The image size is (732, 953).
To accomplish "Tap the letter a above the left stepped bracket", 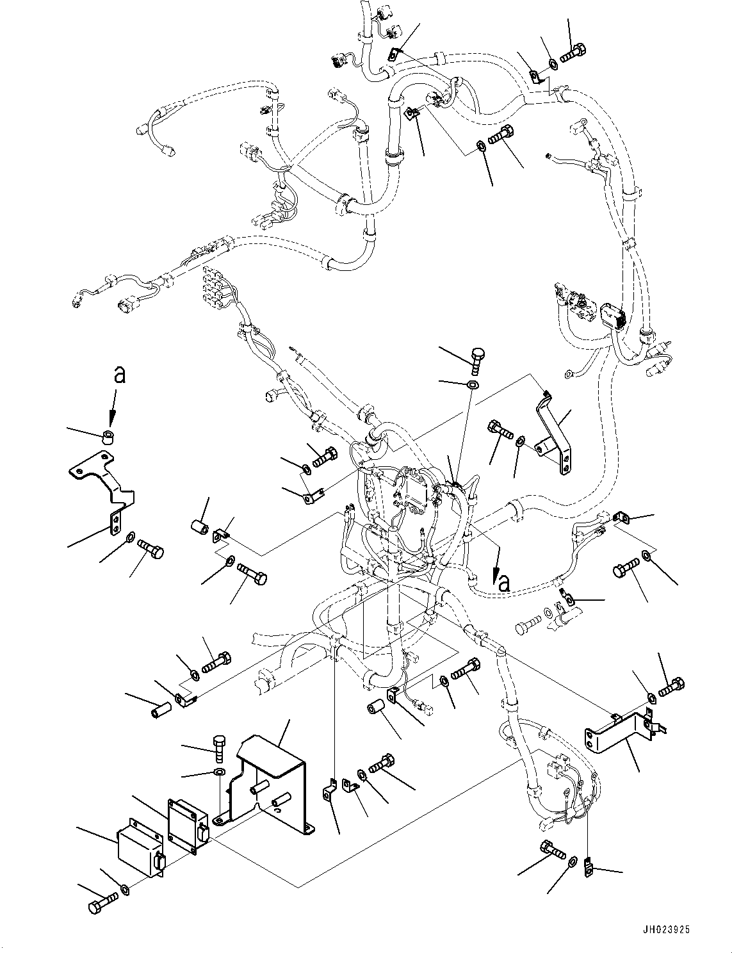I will coord(118,375).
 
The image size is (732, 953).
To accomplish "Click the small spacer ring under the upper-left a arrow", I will coord(109,438).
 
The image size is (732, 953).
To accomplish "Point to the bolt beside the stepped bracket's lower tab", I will coord(152,549).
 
